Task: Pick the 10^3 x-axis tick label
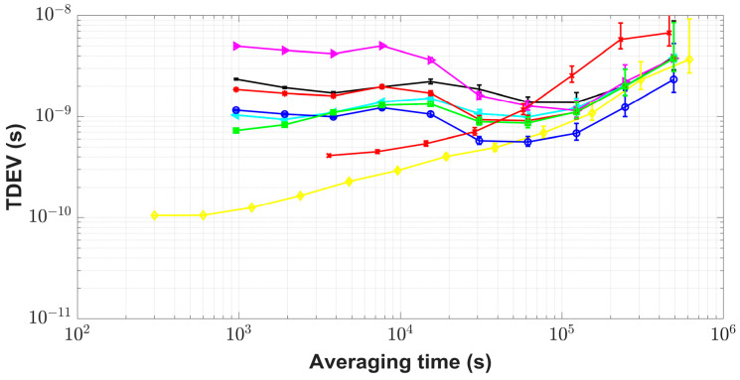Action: [x=237, y=338]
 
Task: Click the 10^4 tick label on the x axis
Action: [x=399, y=338]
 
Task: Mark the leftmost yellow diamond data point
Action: [x=154, y=215]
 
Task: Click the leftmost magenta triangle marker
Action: [x=236, y=46]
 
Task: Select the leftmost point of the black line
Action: [x=235, y=79]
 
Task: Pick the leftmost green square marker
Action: [x=235, y=130]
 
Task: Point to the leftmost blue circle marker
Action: [x=235, y=110]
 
